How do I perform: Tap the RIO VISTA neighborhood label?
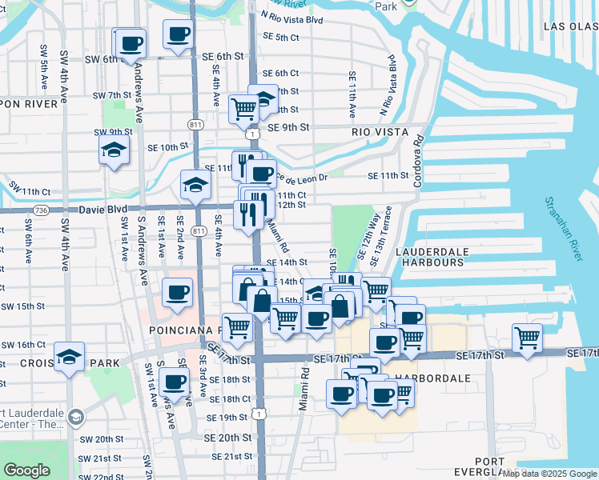click(x=380, y=132)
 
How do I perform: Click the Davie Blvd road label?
click(x=103, y=210)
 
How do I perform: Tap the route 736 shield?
click(x=41, y=210)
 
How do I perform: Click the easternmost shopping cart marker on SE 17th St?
click(x=527, y=337)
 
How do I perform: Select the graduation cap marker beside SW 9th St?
click(x=114, y=150)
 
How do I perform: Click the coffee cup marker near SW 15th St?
click(x=177, y=292)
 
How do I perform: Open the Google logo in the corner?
click(x=26, y=470)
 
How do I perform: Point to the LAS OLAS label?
click(x=570, y=26)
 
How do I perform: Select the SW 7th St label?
click(x=111, y=95)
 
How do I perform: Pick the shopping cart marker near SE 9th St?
click(x=243, y=107)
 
